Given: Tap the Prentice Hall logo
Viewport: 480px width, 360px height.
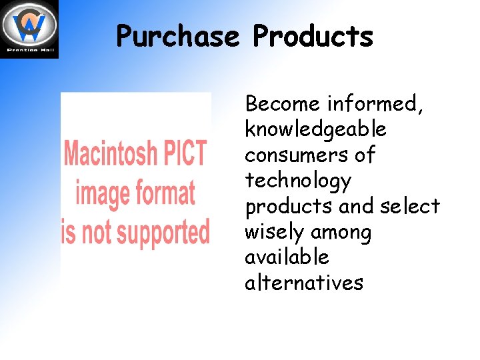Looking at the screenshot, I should pos(29,29).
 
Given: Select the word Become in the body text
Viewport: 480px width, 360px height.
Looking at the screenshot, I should pos(283,104).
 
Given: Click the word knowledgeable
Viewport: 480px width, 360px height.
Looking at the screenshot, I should pos(315,129).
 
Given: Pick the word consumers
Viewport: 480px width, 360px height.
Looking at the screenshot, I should pos(295,155).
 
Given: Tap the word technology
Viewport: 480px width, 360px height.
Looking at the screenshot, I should pos(297,181).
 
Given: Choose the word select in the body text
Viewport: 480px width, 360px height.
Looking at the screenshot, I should pos(410,206).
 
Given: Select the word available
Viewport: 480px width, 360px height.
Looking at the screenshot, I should pos(287,257).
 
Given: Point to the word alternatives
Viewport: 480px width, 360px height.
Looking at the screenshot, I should pos(304,283).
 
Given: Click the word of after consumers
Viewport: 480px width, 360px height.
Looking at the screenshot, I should pos(365,155).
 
